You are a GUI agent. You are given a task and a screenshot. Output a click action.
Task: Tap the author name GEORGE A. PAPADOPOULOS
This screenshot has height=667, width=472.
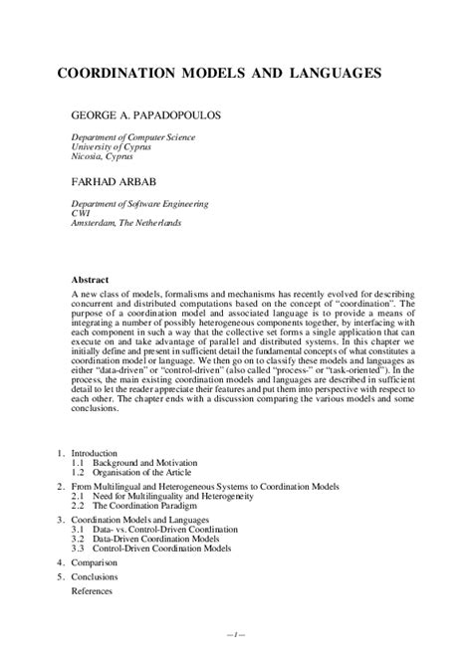[x=159, y=115]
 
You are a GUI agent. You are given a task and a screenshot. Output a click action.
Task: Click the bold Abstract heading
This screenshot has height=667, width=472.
[x=92, y=280]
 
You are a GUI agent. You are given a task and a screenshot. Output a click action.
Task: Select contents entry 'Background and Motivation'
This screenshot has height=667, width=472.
[x=145, y=463]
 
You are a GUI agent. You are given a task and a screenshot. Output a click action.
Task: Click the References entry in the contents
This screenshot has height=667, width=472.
[x=92, y=590]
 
